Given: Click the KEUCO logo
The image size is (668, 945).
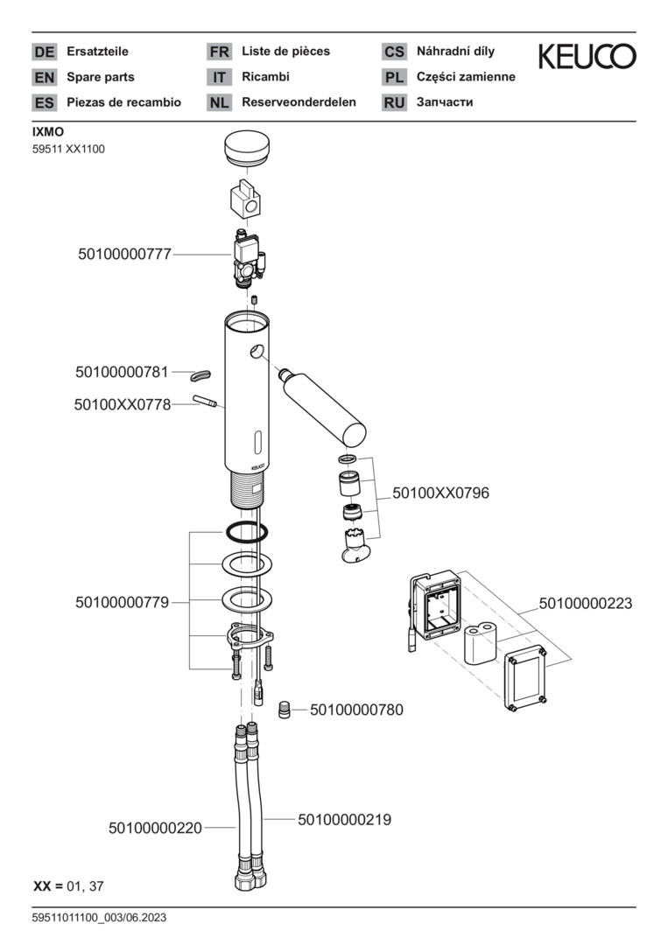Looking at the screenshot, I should [x=587, y=58].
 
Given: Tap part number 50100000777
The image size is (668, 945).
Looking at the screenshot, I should [x=124, y=255].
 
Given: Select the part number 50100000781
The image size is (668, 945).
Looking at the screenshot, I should [x=122, y=373].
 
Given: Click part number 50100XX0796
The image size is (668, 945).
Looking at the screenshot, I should [x=440, y=493].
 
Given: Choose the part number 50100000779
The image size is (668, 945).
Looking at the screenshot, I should [x=122, y=602].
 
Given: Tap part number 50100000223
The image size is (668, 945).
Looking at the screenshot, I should [x=585, y=604].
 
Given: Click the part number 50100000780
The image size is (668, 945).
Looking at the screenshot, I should [x=356, y=710].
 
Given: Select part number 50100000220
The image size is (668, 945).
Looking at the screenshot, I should [x=155, y=827].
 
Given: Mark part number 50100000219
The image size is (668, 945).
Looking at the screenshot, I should [x=344, y=820].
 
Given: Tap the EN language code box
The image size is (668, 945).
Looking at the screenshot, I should [x=44, y=77].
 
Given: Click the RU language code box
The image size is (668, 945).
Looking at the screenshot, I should [x=394, y=102].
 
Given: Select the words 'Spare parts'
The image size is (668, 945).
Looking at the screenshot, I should [x=101, y=77].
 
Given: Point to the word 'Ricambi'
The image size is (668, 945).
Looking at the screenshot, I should [x=265, y=77].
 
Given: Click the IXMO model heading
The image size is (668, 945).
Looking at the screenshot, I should [x=48, y=133].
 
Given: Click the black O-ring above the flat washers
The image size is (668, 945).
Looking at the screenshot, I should [x=246, y=530].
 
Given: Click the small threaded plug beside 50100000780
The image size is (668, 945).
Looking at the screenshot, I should [x=285, y=709].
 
